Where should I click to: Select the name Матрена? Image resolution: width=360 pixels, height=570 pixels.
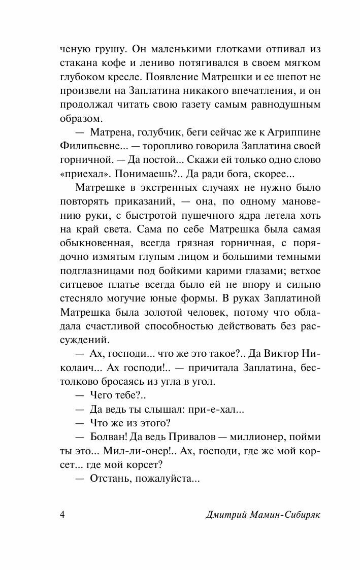tap(110, 133)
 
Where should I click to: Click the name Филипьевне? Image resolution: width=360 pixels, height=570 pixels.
tap(90, 147)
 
